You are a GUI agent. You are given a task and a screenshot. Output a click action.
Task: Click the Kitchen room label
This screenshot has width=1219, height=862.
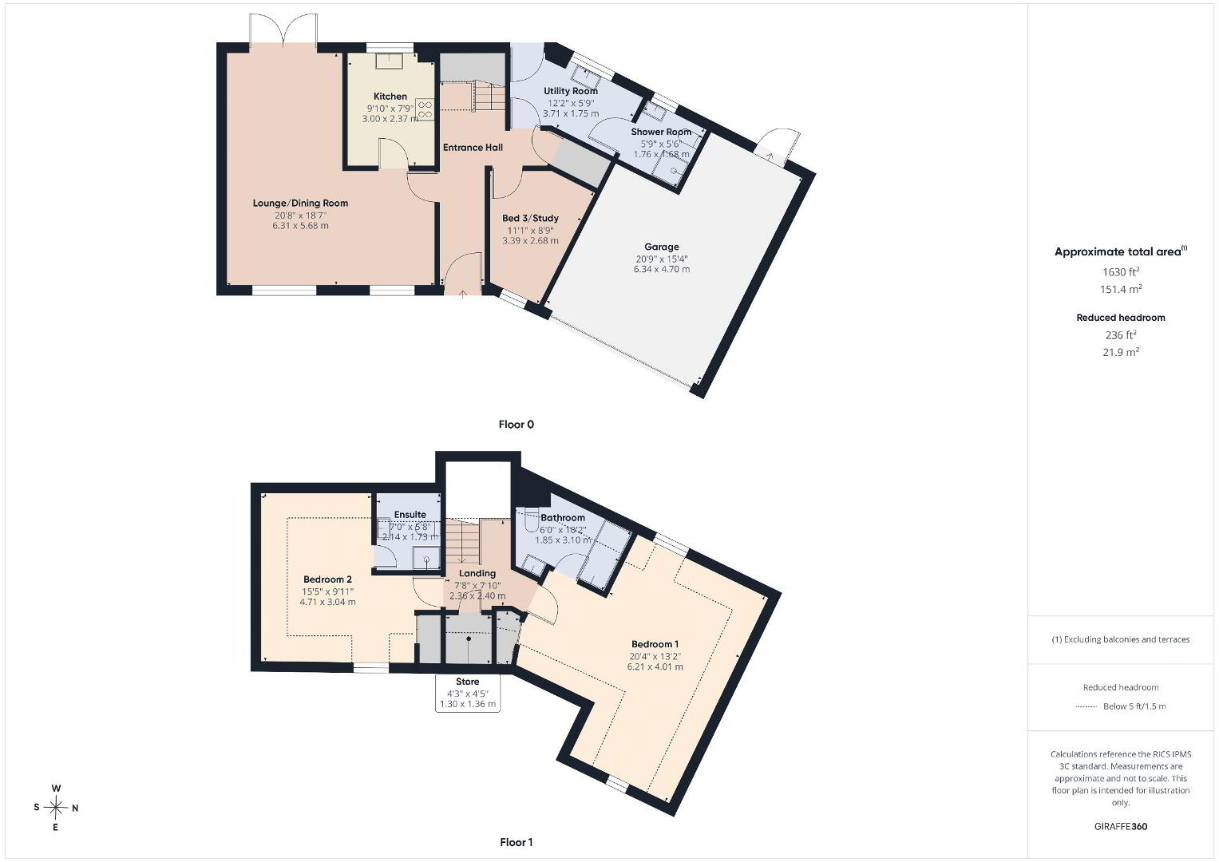click(x=390, y=97)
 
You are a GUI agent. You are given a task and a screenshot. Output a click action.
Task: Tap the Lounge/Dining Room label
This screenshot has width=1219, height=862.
click(x=300, y=203)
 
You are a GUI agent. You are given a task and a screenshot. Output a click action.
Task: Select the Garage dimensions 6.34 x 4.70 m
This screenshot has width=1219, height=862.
click(x=662, y=270)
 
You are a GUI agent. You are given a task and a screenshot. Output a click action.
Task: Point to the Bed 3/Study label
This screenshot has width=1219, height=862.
click(x=531, y=218)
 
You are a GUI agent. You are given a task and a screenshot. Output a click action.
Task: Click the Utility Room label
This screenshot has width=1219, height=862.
click(x=571, y=91)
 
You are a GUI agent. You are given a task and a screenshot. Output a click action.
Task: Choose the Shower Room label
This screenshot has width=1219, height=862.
click(x=661, y=132)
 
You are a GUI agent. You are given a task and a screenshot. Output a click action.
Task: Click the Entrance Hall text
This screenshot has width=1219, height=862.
click(x=473, y=148)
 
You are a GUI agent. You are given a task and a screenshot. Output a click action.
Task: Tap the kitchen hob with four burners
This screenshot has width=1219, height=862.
click(x=425, y=109)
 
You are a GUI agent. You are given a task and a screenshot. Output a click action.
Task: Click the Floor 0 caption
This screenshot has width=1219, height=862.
click(x=516, y=425)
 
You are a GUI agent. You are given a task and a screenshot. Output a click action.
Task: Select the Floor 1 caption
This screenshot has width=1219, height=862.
click(x=516, y=842)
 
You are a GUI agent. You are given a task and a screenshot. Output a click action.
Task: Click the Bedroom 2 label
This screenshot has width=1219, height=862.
click(x=327, y=579)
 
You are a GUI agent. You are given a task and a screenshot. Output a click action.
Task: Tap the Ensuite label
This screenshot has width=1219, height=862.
click(x=410, y=514)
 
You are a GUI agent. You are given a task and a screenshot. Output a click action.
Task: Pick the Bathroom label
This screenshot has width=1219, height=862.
click(x=563, y=517)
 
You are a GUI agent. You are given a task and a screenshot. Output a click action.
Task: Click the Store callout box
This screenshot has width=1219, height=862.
click(x=468, y=693)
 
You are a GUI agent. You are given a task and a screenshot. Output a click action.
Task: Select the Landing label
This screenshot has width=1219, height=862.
click(x=477, y=573)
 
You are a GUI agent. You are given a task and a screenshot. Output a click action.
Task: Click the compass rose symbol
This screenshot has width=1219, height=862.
click(x=56, y=808)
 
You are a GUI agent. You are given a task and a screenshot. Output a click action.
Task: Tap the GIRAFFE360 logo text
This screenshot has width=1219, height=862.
click(x=1121, y=827)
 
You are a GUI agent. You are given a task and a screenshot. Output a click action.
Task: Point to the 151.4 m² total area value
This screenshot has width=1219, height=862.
click(x=1121, y=289)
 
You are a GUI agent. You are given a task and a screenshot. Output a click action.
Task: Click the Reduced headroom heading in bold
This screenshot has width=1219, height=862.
click(x=1121, y=318)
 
